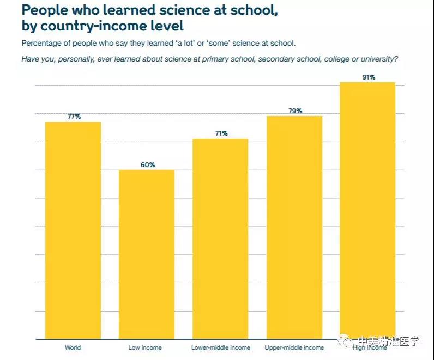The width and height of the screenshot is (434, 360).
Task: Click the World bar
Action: pos(73,230)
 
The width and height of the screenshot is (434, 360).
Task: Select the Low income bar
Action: pos(147,254)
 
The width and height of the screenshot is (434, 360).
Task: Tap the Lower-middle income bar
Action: pos(220,239)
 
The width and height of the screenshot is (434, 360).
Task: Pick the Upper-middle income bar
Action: pos(294,227)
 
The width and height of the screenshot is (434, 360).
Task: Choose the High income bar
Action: pos(367,210)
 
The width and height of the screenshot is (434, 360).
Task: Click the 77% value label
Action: pos(74,117)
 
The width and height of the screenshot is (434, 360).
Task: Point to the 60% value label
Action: pos(148,164)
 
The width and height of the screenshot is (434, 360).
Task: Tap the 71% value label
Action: pos(221,133)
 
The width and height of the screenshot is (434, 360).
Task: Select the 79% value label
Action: pos(295,111)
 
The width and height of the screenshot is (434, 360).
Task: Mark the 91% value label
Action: pos(369,77)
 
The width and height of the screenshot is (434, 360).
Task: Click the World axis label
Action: pos(73,347)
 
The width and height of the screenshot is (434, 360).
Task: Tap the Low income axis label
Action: pos(145,347)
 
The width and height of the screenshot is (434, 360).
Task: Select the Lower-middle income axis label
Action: pos(221,347)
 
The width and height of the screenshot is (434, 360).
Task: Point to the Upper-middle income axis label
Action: pos(294,347)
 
